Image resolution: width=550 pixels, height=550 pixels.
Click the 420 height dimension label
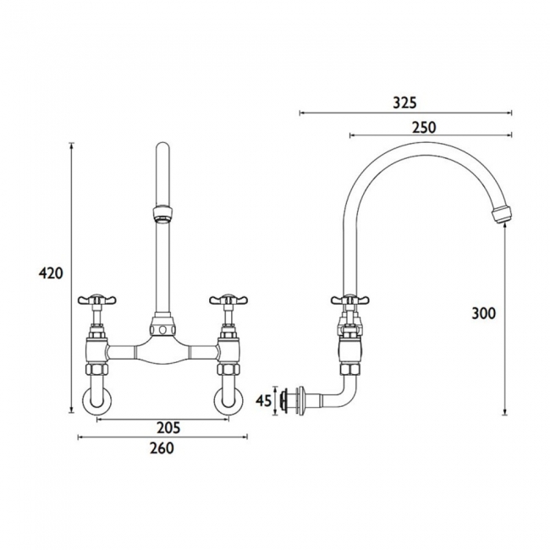click(51, 273)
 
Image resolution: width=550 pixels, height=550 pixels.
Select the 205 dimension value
click(168, 428)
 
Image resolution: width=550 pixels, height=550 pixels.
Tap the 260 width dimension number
click(162, 448)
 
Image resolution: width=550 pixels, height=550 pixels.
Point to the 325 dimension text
click(404, 102)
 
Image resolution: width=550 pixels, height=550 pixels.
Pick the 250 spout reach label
click(424, 127)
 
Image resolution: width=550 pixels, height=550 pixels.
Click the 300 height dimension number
click(484, 313)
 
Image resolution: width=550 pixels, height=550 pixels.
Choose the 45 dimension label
click(264, 400)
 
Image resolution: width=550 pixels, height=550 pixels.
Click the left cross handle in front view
click(96, 300)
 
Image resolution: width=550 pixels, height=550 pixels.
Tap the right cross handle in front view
click(228, 300)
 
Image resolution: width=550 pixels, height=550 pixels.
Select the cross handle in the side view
click(350, 300)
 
